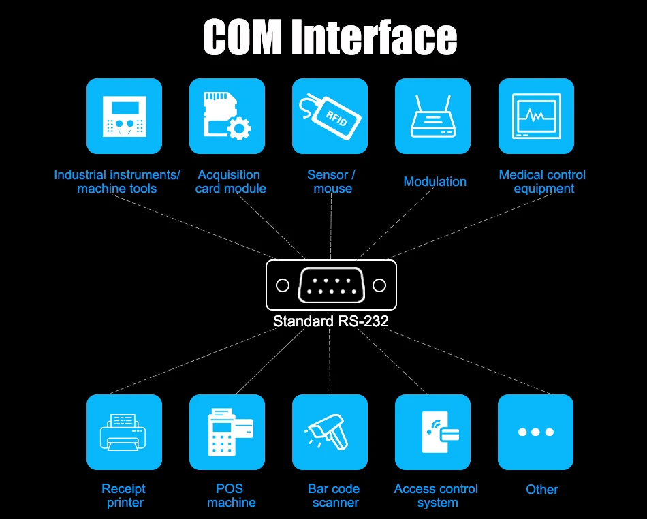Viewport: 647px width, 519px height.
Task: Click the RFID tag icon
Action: click(330, 116)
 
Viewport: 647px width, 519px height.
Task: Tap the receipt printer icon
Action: click(124, 432)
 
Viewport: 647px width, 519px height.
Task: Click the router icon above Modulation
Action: click(433, 116)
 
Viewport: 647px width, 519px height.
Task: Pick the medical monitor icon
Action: click(536, 116)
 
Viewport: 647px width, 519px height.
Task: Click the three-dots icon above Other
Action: click(535, 432)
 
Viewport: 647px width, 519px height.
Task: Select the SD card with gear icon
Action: click(227, 116)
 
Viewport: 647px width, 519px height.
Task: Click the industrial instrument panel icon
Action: click(124, 116)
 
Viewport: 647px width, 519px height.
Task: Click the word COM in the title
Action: click(242, 37)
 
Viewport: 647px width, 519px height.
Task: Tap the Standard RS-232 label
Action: click(331, 321)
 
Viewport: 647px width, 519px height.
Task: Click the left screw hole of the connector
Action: click(283, 285)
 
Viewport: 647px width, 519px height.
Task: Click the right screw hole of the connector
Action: click(379, 285)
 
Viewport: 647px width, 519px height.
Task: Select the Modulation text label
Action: click(435, 182)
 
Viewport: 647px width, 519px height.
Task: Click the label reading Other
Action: click(542, 489)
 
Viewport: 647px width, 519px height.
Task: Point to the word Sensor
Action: click(327, 175)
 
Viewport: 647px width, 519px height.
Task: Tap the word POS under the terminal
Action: click(230, 488)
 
